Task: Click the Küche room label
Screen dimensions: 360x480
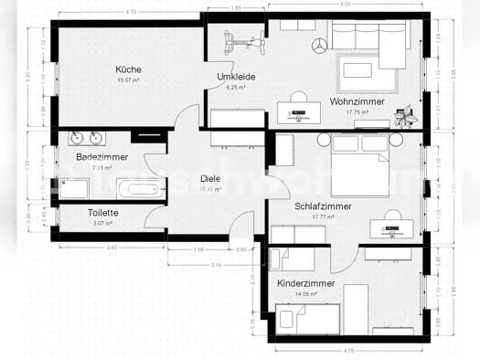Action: click(128, 69)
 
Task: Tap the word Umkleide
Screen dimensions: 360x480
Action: click(236, 76)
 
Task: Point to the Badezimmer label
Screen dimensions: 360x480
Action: click(101, 157)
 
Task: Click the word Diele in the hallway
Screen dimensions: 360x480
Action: click(211, 178)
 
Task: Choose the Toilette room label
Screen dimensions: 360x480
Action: click(101, 213)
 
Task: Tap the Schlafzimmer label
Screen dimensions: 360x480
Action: click(324, 206)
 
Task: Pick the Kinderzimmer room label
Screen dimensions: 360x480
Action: click(306, 283)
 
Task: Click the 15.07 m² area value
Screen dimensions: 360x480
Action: click(128, 80)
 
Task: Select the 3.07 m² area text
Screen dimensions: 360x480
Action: click(101, 223)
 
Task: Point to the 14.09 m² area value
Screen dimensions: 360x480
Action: click(306, 294)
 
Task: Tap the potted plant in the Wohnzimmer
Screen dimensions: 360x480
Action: click(404, 115)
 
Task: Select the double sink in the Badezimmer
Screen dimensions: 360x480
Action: click(88, 138)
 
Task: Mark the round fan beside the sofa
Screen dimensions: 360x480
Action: click(319, 45)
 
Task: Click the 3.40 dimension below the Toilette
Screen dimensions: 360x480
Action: click(86, 248)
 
